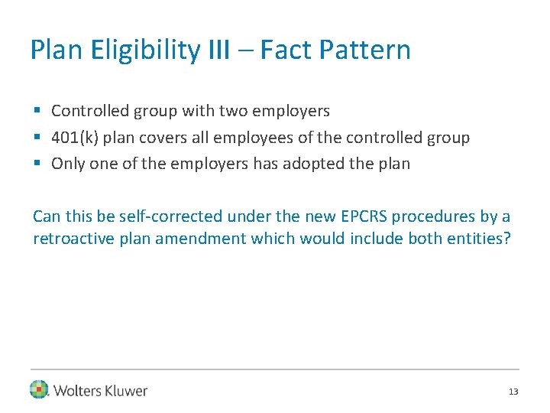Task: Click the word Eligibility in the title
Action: [145, 50]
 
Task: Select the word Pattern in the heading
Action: [364, 50]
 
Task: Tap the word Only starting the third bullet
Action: [66, 164]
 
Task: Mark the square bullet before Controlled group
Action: [37, 112]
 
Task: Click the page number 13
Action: [513, 392]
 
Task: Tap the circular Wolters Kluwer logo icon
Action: [39, 390]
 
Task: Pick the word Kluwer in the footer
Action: [124, 391]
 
